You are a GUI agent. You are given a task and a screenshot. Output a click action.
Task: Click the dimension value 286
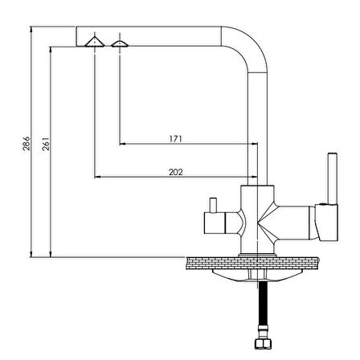(27, 144)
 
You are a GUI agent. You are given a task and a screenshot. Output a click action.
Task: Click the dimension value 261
(46, 144)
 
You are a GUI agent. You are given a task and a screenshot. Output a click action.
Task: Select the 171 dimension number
(176, 139)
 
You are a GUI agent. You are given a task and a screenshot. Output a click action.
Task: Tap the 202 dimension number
(176, 172)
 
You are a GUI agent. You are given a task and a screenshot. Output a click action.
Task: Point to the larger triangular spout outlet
(95, 43)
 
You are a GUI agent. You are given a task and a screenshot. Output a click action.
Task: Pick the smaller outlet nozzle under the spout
(120, 44)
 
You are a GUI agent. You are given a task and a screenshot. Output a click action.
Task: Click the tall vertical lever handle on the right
(333, 178)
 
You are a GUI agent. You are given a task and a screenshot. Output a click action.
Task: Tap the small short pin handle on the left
(213, 206)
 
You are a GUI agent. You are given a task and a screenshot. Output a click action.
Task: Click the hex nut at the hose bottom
(263, 344)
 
